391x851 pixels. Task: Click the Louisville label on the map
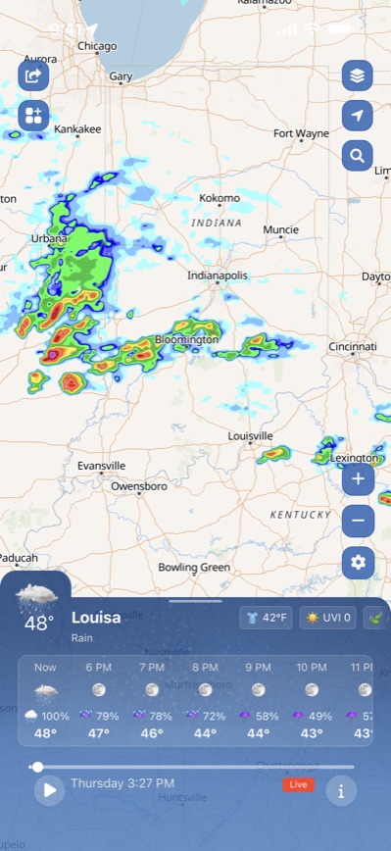[x=250, y=435]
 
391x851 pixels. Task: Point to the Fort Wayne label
[x=301, y=133]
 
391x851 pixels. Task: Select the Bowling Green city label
[x=194, y=567]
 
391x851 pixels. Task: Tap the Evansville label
[x=102, y=465]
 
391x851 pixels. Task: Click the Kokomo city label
[x=219, y=198]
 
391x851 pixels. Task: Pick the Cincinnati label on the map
[x=352, y=347]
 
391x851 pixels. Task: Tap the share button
[x=33, y=75]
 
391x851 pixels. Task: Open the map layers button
[x=358, y=75]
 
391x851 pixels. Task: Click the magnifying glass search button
[x=358, y=155]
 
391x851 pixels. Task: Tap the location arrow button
[x=358, y=116]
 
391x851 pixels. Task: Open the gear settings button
[x=358, y=562]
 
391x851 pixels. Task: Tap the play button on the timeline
[x=49, y=789]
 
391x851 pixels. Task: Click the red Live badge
[x=297, y=784]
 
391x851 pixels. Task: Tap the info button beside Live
[x=340, y=790]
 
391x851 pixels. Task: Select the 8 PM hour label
[x=205, y=667]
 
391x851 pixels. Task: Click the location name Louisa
[x=96, y=618]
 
